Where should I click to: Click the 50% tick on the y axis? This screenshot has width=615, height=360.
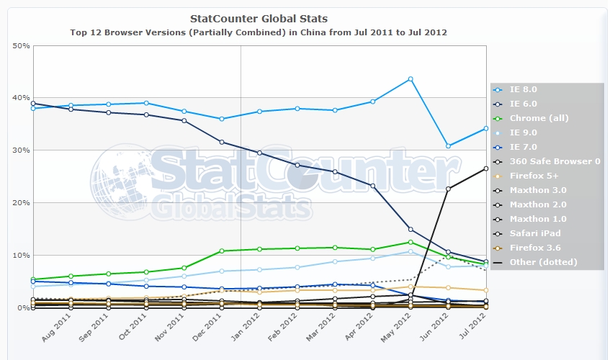coord(22,45)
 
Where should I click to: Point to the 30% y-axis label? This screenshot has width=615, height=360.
coord(22,150)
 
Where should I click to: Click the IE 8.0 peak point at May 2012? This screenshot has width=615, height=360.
coord(410,78)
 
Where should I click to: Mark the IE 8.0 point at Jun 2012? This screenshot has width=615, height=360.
coord(448,146)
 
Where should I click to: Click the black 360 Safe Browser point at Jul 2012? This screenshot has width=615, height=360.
coord(486,168)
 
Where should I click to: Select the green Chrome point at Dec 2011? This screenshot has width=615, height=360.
coord(222,251)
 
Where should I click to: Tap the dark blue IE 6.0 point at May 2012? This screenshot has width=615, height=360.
coord(410,229)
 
